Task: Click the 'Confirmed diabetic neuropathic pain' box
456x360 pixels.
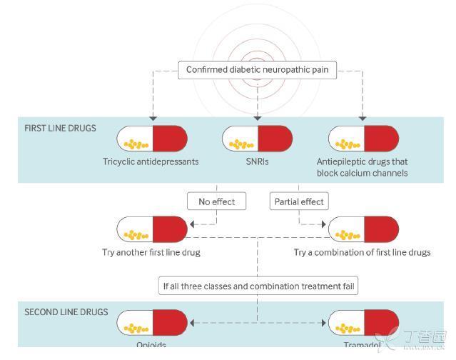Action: tap(258, 70)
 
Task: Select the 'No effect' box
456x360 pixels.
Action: tap(216, 201)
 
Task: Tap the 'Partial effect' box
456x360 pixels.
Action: tap(299, 201)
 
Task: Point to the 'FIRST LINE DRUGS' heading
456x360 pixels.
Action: tap(61, 129)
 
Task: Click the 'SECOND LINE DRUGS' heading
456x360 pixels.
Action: tap(66, 312)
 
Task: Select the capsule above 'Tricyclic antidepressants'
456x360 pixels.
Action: tap(151, 138)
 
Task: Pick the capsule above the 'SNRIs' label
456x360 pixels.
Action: tap(257, 138)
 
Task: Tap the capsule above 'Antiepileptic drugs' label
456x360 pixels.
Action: tap(363, 138)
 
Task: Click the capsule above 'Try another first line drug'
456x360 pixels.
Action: tap(151, 229)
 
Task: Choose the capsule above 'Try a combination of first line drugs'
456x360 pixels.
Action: tap(363, 229)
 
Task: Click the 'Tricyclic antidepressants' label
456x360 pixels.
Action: tap(151, 161)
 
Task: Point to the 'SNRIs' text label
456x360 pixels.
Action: tap(257, 161)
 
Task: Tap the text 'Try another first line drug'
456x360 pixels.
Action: tap(151, 252)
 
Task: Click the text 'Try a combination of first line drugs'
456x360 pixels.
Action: tap(362, 252)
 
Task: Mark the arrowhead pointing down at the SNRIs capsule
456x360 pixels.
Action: tap(257, 117)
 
